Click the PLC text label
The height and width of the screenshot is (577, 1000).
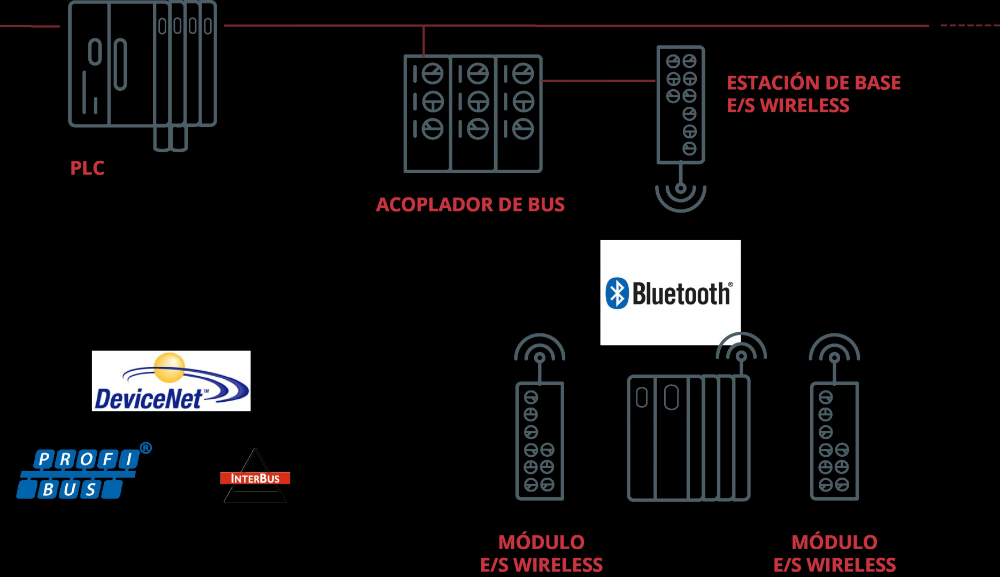[x=87, y=168]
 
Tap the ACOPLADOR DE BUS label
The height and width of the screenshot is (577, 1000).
[x=470, y=205]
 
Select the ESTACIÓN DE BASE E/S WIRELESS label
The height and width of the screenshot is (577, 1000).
[x=813, y=95]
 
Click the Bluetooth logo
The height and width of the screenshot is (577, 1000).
[x=670, y=292]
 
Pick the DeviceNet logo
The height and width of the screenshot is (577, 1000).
[x=171, y=381]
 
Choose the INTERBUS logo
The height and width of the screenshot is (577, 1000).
[x=255, y=477]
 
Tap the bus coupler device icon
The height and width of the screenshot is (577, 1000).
[x=473, y=113]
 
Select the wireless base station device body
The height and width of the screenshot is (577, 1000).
[x=681, y=104]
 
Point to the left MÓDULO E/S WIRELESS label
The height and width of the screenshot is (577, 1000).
[x=541, y=553]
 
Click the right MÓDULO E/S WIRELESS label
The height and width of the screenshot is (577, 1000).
[x=834, y=553]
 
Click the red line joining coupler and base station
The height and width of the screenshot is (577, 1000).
[x=598, y=81]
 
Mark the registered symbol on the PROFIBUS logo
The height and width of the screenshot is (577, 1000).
[x=145, y=448]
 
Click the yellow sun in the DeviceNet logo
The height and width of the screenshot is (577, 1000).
[x=170, y=367]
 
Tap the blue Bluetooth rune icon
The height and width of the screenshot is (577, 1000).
[x=617, y=293]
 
